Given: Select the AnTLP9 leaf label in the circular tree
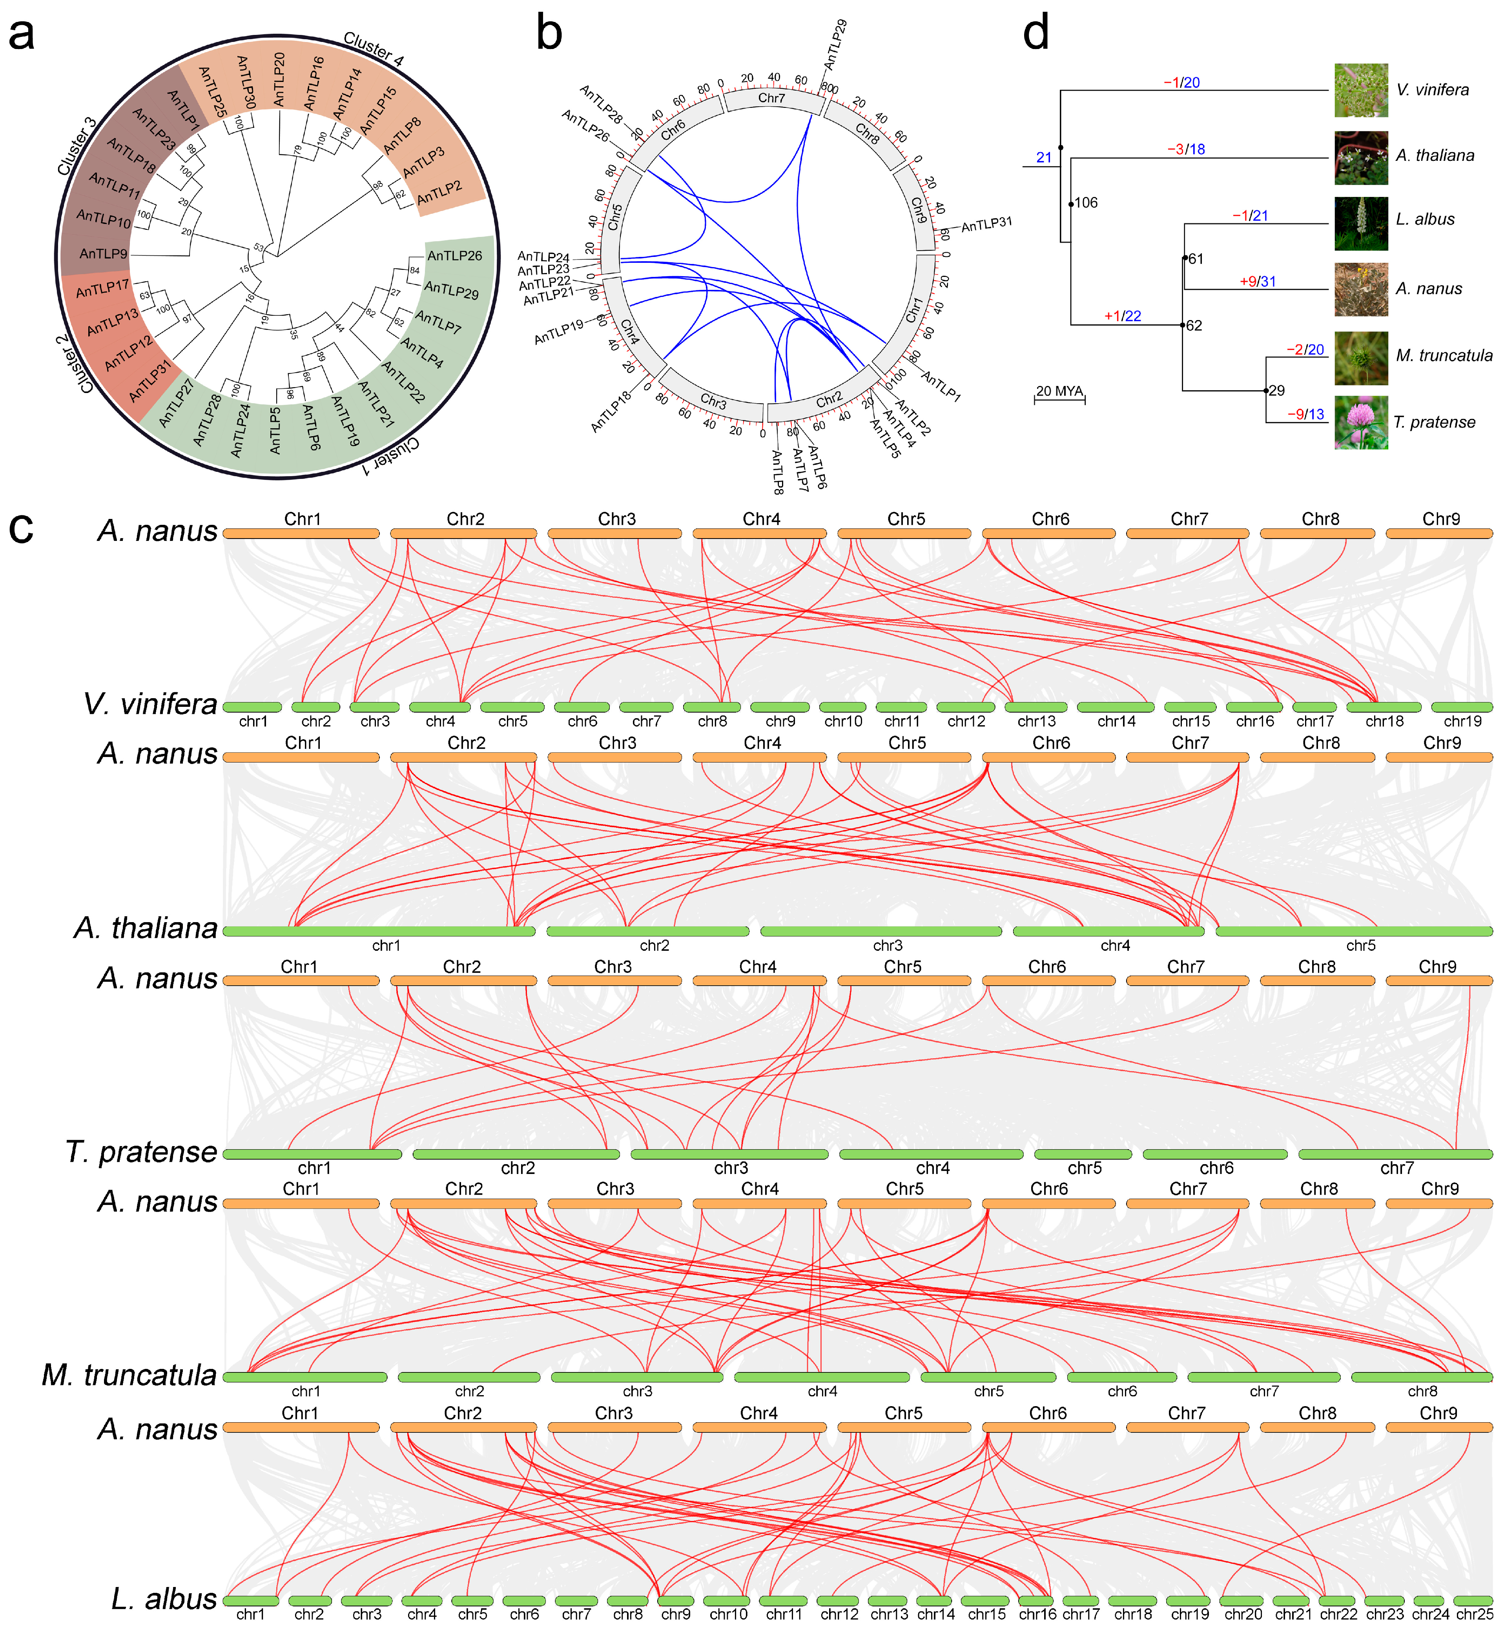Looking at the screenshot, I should click(103, 254).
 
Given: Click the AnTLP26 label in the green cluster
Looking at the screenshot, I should click(454, 255).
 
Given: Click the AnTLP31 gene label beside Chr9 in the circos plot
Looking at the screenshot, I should click(986, 223).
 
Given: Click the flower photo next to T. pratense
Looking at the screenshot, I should click(1361, 422).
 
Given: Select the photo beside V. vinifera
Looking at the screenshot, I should click(1361, 90).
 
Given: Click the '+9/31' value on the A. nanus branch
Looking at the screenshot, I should click(1258, 282).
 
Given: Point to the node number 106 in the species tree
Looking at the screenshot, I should click(1086, 202).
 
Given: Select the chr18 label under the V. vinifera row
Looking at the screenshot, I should click(1384, 721).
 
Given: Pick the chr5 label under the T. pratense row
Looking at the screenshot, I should click(1084, 1168).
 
